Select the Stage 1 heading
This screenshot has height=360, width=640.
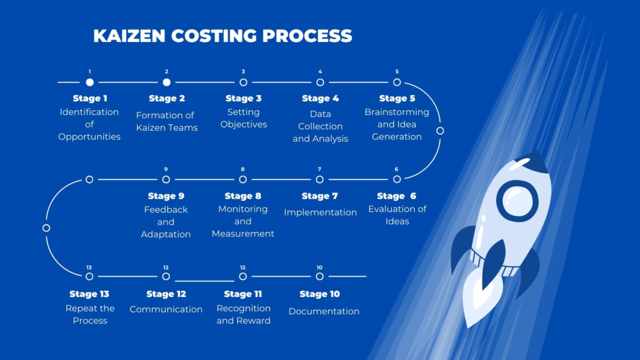coord(90,98)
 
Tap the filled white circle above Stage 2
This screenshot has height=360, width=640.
coord(166,82)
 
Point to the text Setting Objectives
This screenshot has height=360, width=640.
coord(243,118)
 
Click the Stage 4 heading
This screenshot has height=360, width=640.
coord(320,98)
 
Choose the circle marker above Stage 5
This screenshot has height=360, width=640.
coord(397,82)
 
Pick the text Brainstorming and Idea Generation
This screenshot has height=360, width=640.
coord(397,124)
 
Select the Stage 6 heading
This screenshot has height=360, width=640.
coord(397,196)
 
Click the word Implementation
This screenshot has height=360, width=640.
coord(320,212)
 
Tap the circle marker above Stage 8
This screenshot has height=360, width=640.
coord(243,179)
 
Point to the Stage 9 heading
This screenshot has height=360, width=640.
coord(166,196)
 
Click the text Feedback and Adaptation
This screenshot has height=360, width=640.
coord(166,222)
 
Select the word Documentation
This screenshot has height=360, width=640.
coord(324,311)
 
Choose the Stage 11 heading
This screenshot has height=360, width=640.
coord(243,294)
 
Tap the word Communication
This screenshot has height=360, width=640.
coord(166,309)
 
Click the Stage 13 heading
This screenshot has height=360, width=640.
coord(89,294)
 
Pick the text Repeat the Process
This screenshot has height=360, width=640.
coord(90,314)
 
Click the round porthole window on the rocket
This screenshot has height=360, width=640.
coord(517,201)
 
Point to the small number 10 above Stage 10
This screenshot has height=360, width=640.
coord(319,267)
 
